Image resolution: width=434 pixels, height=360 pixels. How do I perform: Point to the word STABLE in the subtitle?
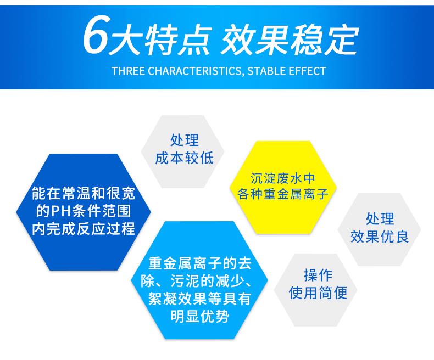(x=263, y=71)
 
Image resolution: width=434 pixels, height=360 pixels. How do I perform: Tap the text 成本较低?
(x=184, y=158)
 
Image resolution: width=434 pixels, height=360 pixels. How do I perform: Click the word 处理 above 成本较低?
(x=184, y=140)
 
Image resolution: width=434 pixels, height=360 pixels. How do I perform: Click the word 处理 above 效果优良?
(x=380, y=219)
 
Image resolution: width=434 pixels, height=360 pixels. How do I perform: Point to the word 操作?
(x=318, y=274)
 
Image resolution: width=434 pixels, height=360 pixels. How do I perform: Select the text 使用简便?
(x=318, y=292)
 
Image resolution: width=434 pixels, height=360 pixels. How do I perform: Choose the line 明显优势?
(x=199, y=317)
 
